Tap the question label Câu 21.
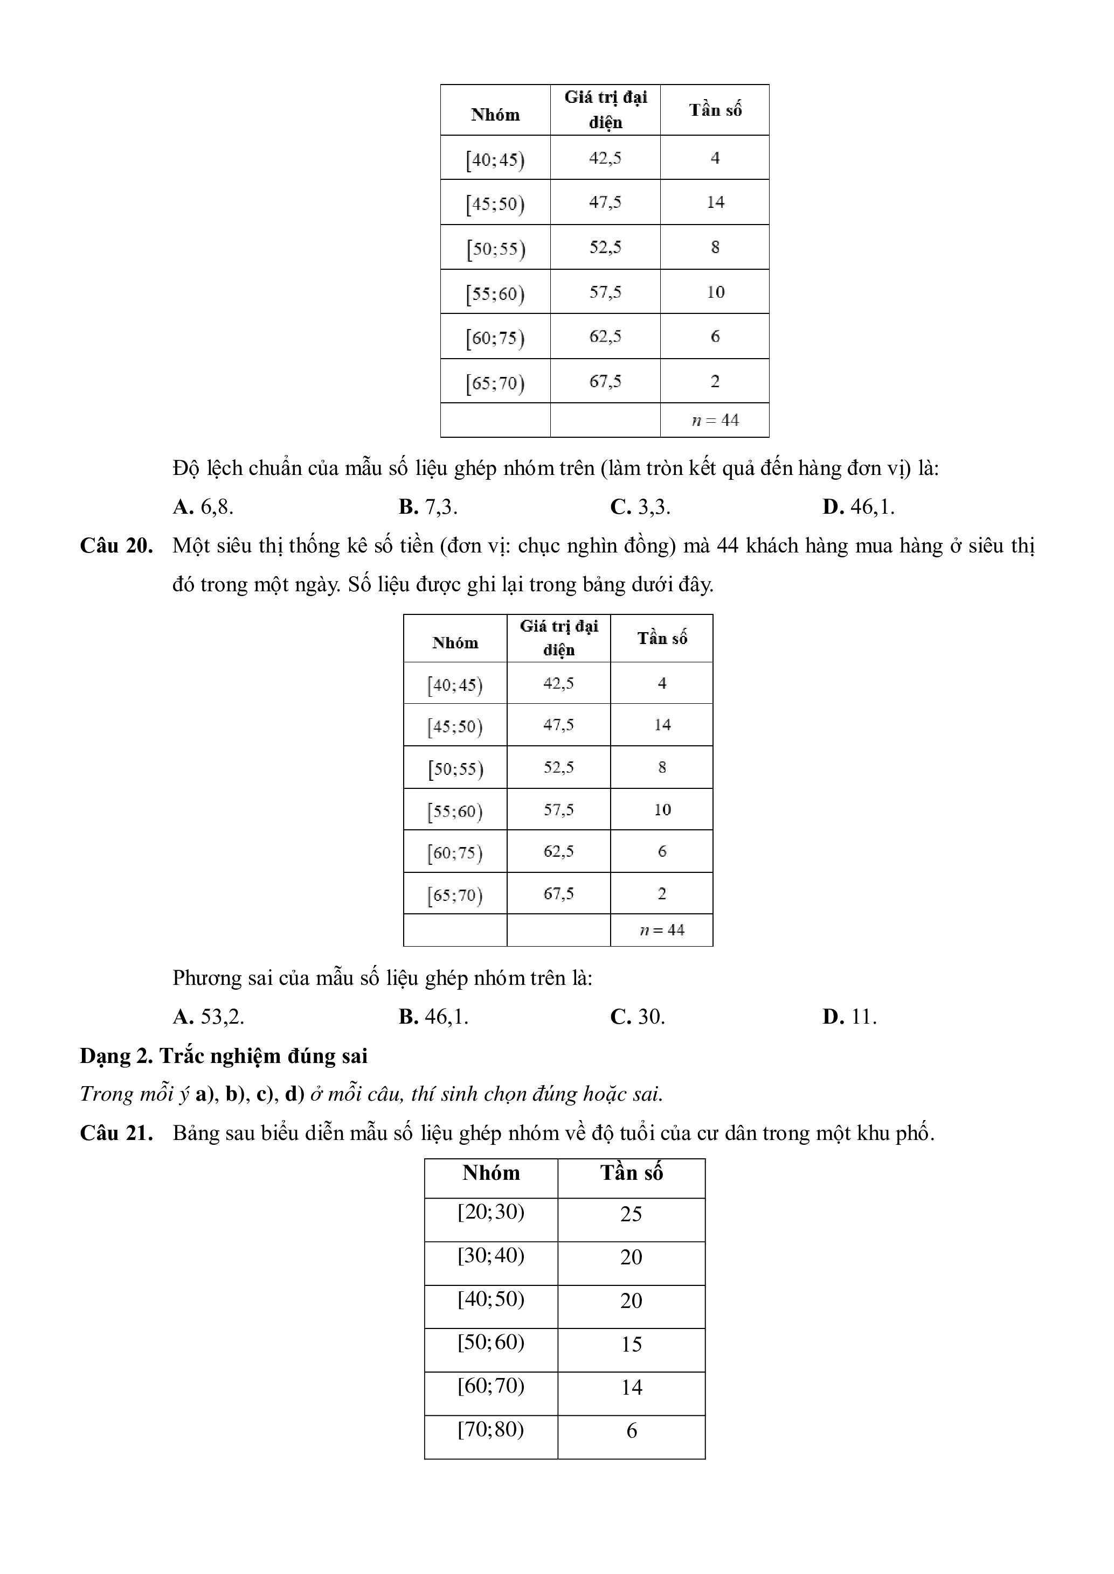click(x=116, y=1133)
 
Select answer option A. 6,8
click(x=203, y=507)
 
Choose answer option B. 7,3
click(x=428, y=507)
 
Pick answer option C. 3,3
click(x=640, y=507)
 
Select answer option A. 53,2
click(x=209, y=1017)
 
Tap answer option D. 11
click(x=850, y=1017)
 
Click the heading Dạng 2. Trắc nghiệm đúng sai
click(x=224, y=1056)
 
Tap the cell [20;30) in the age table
click(x=490, y=1212)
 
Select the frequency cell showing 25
click(x=631, y=1214)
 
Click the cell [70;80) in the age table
click(x=490, y=1429)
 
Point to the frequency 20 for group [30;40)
click(x=631, y=1257)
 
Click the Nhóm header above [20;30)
click(x=491, y=1173)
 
